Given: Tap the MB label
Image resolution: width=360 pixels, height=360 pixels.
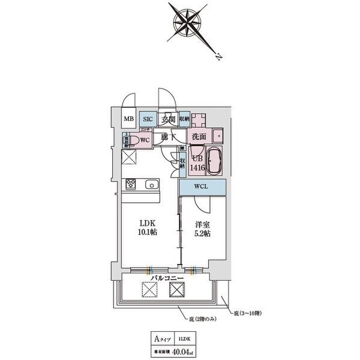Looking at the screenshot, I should pyautogui.click(x=128, y=119).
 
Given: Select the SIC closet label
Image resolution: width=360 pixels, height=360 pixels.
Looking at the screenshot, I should pyautogui.click(x=148, y=119).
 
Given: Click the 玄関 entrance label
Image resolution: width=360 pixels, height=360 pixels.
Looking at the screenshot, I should pyautogui.click(x=168, y=119).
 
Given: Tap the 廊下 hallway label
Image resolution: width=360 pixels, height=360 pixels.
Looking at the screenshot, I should pyautogui.click(x=168, y=137).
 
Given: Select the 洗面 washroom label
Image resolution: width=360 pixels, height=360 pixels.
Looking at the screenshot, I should pyautogui.click(x=199, y=137).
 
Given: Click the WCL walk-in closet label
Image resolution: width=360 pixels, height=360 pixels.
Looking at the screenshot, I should pyautogui.click(x=201, y=187).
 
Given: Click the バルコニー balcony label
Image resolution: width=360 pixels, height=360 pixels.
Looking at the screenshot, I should pyautogui.click(x=166, y=278).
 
